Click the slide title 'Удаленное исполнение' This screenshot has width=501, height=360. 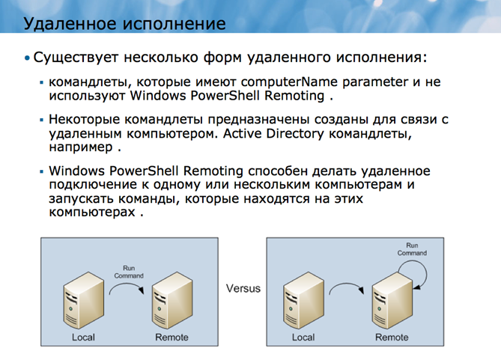tap(124, 23)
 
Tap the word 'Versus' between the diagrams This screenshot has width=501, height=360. tap(243, 289)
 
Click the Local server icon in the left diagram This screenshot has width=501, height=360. tap(82, 302)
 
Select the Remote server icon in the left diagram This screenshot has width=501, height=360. tap(170, 302)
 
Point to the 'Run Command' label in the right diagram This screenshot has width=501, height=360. tap(412, 249)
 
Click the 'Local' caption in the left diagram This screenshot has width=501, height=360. tap(83, 338)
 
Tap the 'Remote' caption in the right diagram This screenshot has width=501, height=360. tap(392, 338)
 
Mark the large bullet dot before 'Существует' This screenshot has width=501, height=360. tap(28, 58)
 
